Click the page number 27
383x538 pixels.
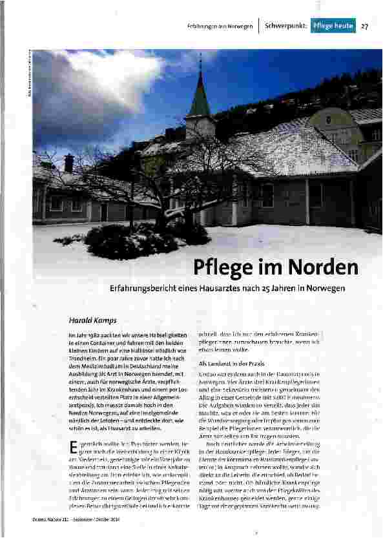click(x=365, y=26)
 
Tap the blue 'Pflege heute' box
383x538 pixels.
click(x=333, y=26)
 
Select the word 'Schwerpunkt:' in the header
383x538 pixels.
click(x=285, y=26)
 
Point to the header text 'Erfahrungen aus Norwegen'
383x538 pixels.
click(x=220, y=27)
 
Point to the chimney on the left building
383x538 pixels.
click(x=68, y=162)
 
